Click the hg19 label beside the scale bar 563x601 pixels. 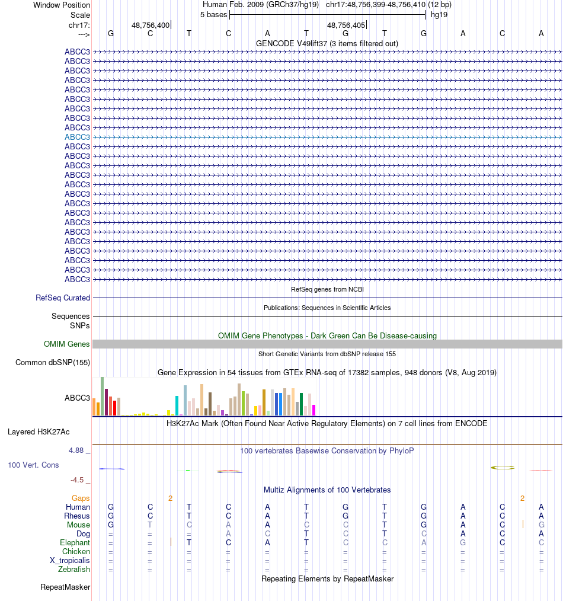coord(439,15)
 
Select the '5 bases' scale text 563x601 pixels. coord(213,15)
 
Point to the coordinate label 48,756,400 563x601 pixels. coord(151,25)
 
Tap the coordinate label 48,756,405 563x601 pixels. coord(346,25)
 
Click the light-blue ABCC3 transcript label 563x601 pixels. coord(77,137)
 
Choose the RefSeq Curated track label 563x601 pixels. coord(63,298)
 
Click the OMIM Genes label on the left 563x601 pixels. coord(67,344)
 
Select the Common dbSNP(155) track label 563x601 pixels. coord(53,363)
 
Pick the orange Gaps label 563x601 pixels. coord(81,498)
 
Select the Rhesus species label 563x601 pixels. coord(77,516)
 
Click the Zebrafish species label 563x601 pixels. coord(74,570)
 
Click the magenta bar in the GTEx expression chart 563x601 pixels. coord(314,410)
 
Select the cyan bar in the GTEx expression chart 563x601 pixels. coord(177,405)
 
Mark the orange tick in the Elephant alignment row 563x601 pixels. coord(171,542)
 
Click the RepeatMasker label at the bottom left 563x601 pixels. coord(65,587)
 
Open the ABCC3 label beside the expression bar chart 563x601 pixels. coord(77,398)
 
